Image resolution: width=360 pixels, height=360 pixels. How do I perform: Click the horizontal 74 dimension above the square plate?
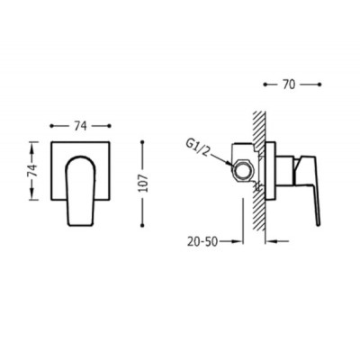tap(80, 126)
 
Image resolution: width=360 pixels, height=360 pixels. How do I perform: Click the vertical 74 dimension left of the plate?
tap(34, 170)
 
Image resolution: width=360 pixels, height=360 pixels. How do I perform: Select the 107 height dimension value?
tap(143, 183)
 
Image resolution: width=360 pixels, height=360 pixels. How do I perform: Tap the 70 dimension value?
tap(289, 85)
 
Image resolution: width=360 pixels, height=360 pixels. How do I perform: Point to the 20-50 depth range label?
tap(202, 241)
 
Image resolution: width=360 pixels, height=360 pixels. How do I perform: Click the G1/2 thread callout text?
tap(197, 148)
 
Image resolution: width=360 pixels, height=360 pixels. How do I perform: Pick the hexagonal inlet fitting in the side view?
tap(242, 170)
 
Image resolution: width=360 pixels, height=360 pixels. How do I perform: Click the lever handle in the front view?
tap(80, 191)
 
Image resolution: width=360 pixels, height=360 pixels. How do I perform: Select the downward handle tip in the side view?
tap(319, 222)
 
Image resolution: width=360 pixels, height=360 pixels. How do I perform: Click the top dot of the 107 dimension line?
tap(143, 141)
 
